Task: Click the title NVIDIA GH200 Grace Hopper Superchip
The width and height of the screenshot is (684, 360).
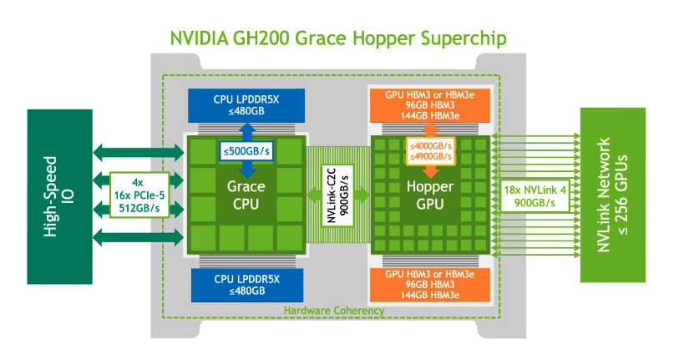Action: click(337, 38)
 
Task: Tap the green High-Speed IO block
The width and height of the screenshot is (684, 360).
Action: click(59, 196)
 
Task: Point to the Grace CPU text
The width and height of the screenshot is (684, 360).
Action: click(246, 194)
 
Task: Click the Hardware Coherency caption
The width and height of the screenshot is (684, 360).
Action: click(334, 310)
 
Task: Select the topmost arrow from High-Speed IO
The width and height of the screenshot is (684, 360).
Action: click(138, 151)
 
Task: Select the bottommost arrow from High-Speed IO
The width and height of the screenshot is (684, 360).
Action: click(138, 239)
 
